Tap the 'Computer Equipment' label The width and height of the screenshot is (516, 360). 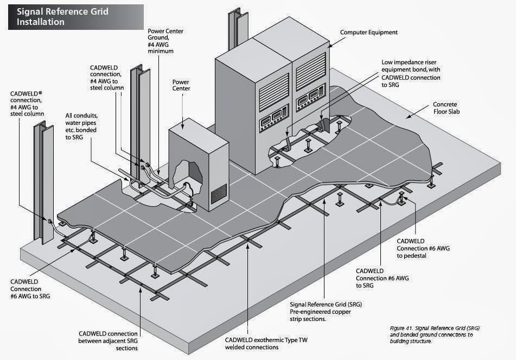tap(368, 33)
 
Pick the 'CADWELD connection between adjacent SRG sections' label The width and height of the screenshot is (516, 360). tap(108, 340)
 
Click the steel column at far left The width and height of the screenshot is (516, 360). tap(45, 179)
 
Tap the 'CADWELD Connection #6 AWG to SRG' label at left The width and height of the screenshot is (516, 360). tap(32, 289)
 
